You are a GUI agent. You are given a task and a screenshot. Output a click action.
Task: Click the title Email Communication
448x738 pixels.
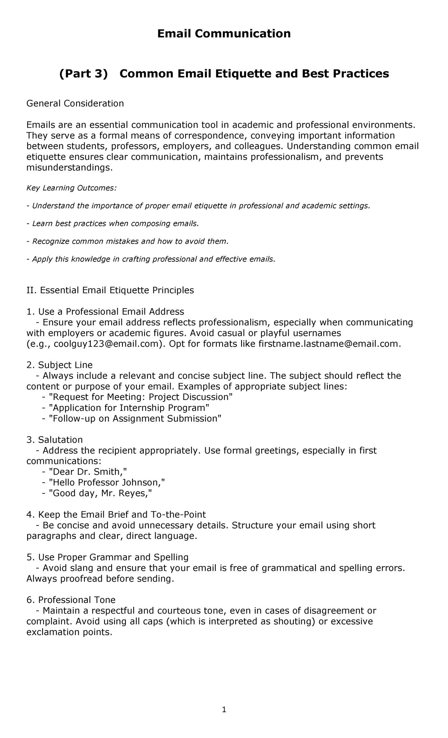(224, 34)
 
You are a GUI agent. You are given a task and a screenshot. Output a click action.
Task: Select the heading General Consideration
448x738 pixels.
(75, 103)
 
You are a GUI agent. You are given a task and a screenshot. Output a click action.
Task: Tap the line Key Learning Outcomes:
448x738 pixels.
(71, 188)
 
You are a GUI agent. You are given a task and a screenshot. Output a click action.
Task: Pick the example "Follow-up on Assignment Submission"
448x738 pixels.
(135, 419)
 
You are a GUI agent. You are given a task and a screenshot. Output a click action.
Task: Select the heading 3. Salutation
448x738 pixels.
(55, 440)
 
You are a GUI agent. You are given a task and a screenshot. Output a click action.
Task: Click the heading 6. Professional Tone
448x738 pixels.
(71, 600)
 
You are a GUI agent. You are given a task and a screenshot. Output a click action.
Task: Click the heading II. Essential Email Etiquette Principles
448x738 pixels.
(110, 290)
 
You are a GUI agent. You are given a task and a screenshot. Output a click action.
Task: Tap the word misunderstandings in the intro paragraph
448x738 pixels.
(69, 168)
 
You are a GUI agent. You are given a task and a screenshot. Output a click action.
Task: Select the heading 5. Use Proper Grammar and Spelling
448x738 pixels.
(108, 557)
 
